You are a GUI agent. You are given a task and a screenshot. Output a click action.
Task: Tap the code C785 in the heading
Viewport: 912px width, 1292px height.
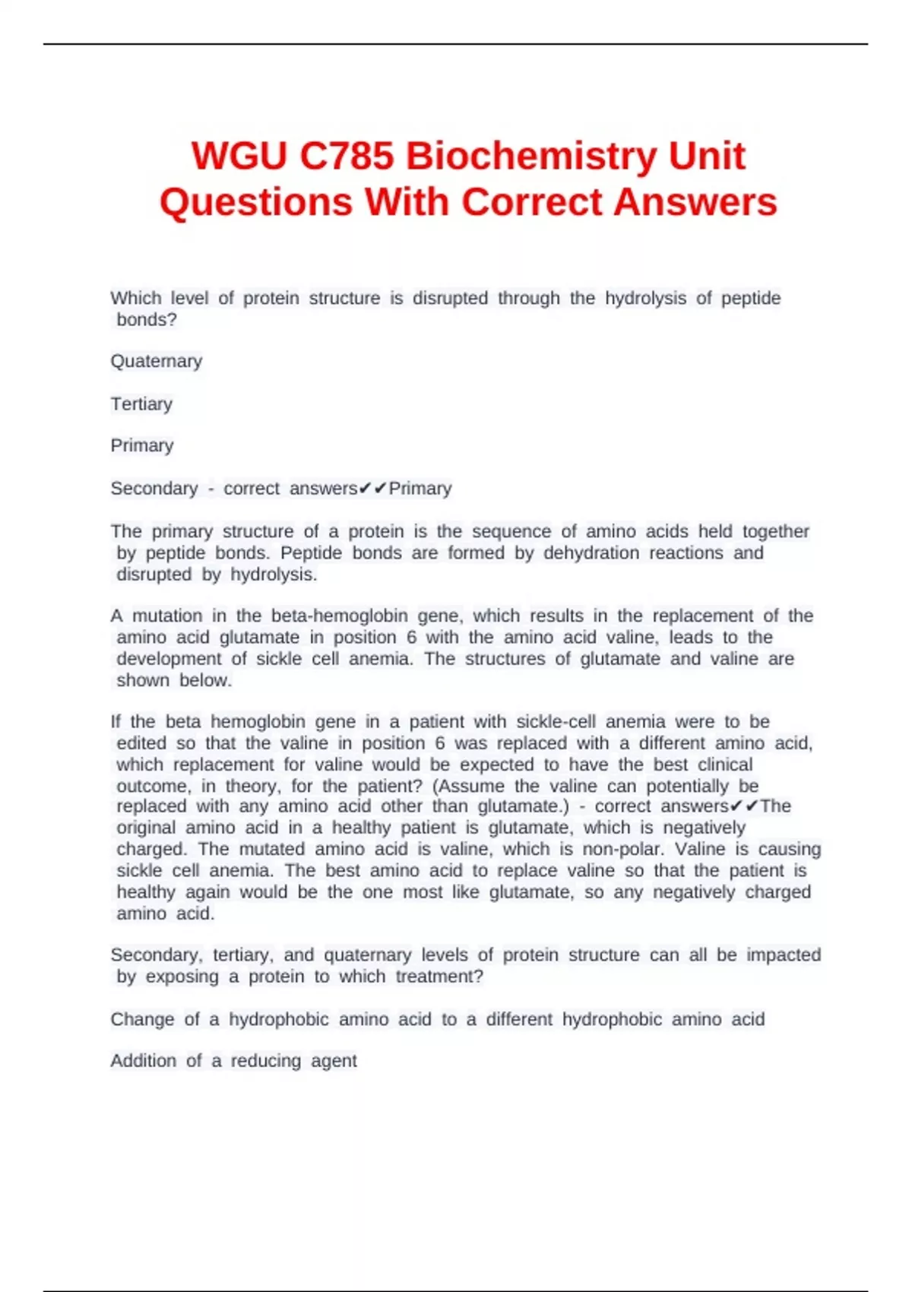[347, 157]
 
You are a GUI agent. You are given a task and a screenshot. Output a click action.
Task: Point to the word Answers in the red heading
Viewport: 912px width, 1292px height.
[695, 202]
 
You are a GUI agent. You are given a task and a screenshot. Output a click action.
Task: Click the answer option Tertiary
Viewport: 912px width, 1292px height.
[141, 404]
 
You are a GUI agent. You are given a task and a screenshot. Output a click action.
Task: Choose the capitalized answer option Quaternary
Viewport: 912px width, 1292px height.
[157, 361]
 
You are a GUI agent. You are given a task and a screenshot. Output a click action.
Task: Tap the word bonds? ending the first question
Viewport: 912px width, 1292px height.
[147, 320]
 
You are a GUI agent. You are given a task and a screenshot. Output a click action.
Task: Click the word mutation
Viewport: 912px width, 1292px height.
[167, 616]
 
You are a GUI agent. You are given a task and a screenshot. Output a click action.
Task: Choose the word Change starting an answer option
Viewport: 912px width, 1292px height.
[142, 1019]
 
